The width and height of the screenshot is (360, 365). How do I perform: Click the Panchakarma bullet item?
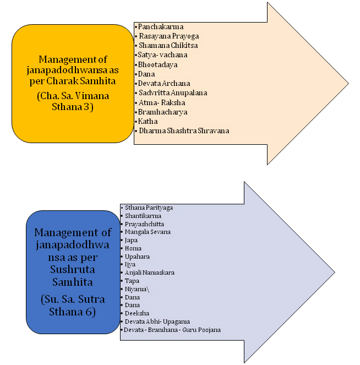[161, 26]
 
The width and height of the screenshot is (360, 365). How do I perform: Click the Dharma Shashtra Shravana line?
[183, 131]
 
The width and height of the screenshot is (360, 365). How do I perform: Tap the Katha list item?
[148, 122]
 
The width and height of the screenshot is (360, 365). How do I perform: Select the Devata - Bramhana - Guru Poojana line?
[172, 330]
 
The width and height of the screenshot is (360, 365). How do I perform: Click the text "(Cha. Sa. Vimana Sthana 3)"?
[73, 101]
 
